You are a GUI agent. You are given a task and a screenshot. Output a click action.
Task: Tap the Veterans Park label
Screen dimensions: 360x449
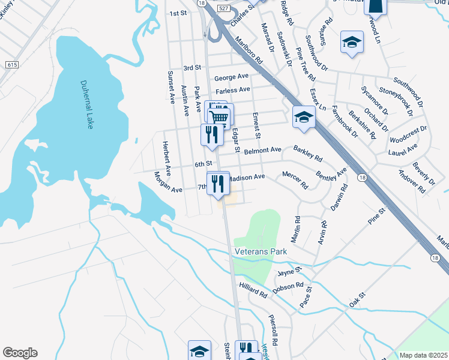point(261,251)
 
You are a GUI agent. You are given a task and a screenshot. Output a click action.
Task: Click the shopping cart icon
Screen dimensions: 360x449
point(220,116)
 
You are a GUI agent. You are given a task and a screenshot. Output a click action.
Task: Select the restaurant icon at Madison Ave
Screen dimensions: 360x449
point(217,183)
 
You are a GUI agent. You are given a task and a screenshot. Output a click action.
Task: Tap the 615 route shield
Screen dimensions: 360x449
point(11,64)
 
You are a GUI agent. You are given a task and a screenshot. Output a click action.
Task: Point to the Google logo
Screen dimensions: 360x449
point(20,353)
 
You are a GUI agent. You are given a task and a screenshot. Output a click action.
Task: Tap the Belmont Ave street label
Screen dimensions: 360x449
point(262,149)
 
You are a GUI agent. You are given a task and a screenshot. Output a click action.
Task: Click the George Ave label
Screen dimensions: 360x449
point(231,77)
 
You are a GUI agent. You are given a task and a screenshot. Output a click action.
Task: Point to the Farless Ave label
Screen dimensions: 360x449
point(232,90)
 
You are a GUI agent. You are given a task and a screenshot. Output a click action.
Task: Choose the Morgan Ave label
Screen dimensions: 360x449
point(167,182)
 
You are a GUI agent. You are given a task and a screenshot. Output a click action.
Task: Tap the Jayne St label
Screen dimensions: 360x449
point(288,272)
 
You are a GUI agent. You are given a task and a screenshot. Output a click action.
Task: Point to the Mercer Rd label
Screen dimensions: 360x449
point(295,179)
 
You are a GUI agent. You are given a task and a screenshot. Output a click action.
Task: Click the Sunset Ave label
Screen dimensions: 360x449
point(171,88)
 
